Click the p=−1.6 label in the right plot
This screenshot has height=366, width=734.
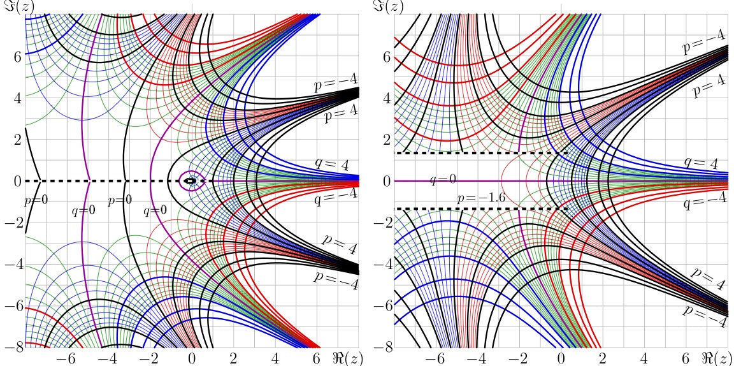pyautogui.click(x=481, y=198)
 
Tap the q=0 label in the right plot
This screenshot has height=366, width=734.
pyautogui.click(x=442, y=180)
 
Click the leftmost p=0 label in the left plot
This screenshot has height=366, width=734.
pyautogui.click(x=35, y=201)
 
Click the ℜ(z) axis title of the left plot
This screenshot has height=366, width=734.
pyautogui.click(x=347, y=358)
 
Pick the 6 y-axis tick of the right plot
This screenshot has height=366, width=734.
pyautogui.click(x=386, y=56)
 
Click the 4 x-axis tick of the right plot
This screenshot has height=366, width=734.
pyautogui.click(x=644, y=358)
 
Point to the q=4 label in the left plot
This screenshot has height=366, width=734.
pyautogui.click(x=332, y=164)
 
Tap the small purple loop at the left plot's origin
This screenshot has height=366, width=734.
pyautogui.click(x=191, y=180)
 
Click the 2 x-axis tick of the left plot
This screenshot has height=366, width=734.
pyautogui.click(x=233, y=358)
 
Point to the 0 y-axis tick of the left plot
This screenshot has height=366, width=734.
pyautogui.click(x=18, y=181)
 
